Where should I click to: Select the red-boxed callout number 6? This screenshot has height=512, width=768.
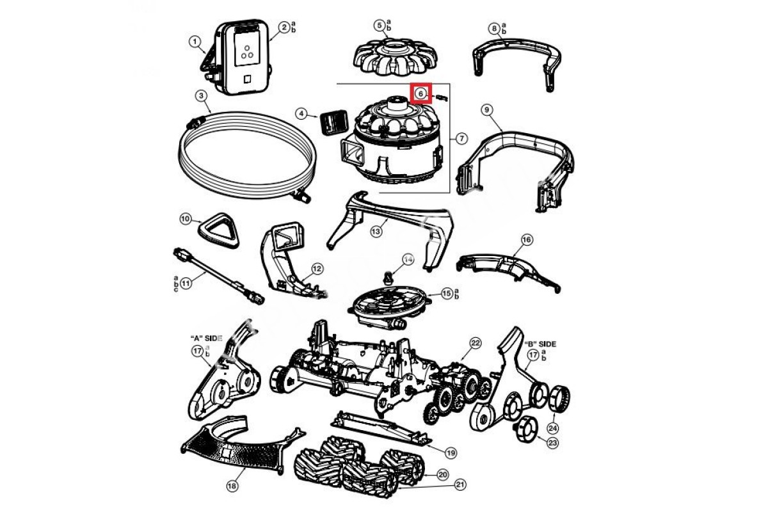click(420, 93)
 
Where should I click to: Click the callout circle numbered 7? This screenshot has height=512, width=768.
click(461, 138)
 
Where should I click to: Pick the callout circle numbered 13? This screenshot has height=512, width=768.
click(376, 230)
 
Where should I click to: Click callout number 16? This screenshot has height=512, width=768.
click(526, 239)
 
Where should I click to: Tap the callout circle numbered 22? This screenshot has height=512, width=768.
click(475, 343)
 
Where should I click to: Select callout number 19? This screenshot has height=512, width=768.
click(451, 452)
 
